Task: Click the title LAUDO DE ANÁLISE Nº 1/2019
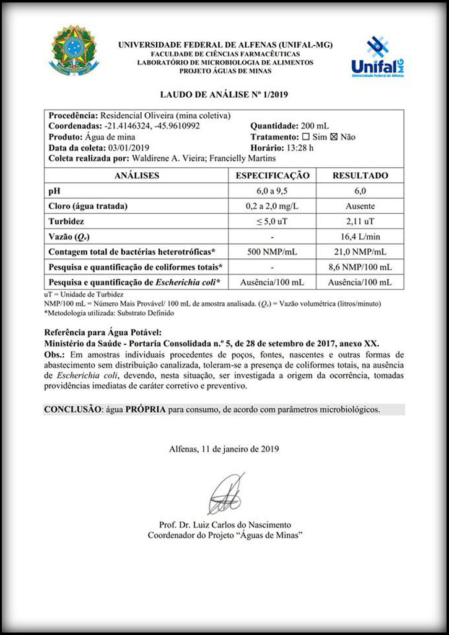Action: point(224,95)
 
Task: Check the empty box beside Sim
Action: point(305,137)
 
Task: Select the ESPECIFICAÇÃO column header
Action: point(272,175)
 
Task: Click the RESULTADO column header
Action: point(360,175)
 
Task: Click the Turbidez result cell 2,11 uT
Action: point(360,221)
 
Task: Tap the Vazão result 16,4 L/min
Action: point(360,236)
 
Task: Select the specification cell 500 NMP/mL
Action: point(272,252)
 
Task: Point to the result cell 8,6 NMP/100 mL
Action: point(360,267)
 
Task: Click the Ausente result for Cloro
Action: point(360,206)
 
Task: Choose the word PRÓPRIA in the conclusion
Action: point(146,409)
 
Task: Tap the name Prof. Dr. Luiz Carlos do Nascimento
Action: point(224,524)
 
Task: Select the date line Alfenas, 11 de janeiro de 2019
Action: point(224,449)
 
